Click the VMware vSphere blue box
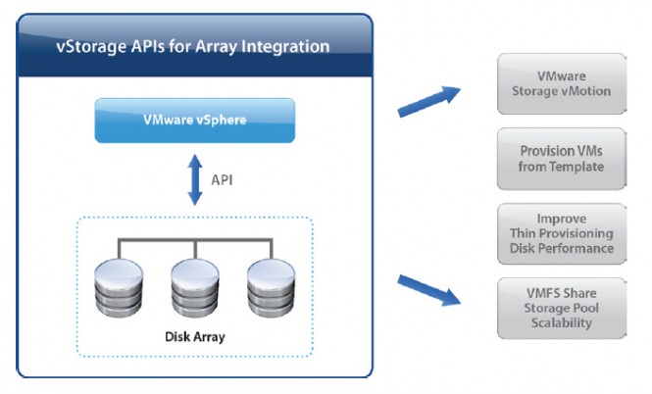pyautogui.click(x=194, y=121)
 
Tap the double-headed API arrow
pyautogui.click(x=194, y=179)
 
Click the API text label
pyautogui.click(x=224, y=179)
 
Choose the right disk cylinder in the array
pyautogui.click(x=272, y=284)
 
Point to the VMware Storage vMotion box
pyautogui.click(x=562, y=83)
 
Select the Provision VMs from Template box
pyautogui.click(x=562, y=159)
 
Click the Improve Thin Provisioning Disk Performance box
pyautogui.click(x=562, y=233)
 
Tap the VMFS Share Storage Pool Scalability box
pyautogui.click(x=562, y=309)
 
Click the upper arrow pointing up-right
pyautogui.click(x=428, y=99)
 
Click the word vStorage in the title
pyautogui.click(x=88, y=46)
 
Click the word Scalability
pyautogui.click(x=562, y=323)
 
